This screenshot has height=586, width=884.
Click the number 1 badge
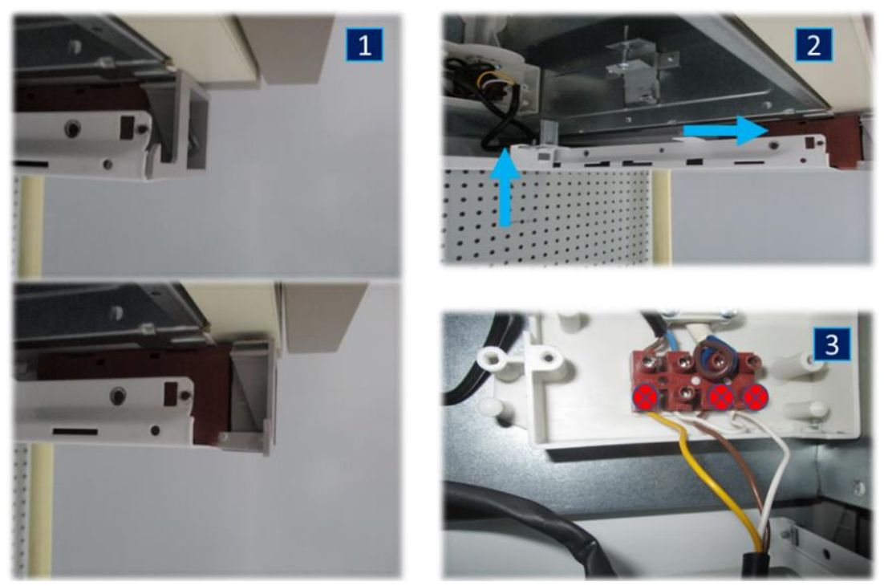point(365,44)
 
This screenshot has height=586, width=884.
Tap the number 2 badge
point(813,44)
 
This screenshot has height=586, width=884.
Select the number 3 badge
point(832,344)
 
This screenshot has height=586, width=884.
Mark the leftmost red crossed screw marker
point(646,397)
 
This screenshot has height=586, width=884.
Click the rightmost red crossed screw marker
point(755,397)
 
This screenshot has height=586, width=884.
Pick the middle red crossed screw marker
point(721,397)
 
